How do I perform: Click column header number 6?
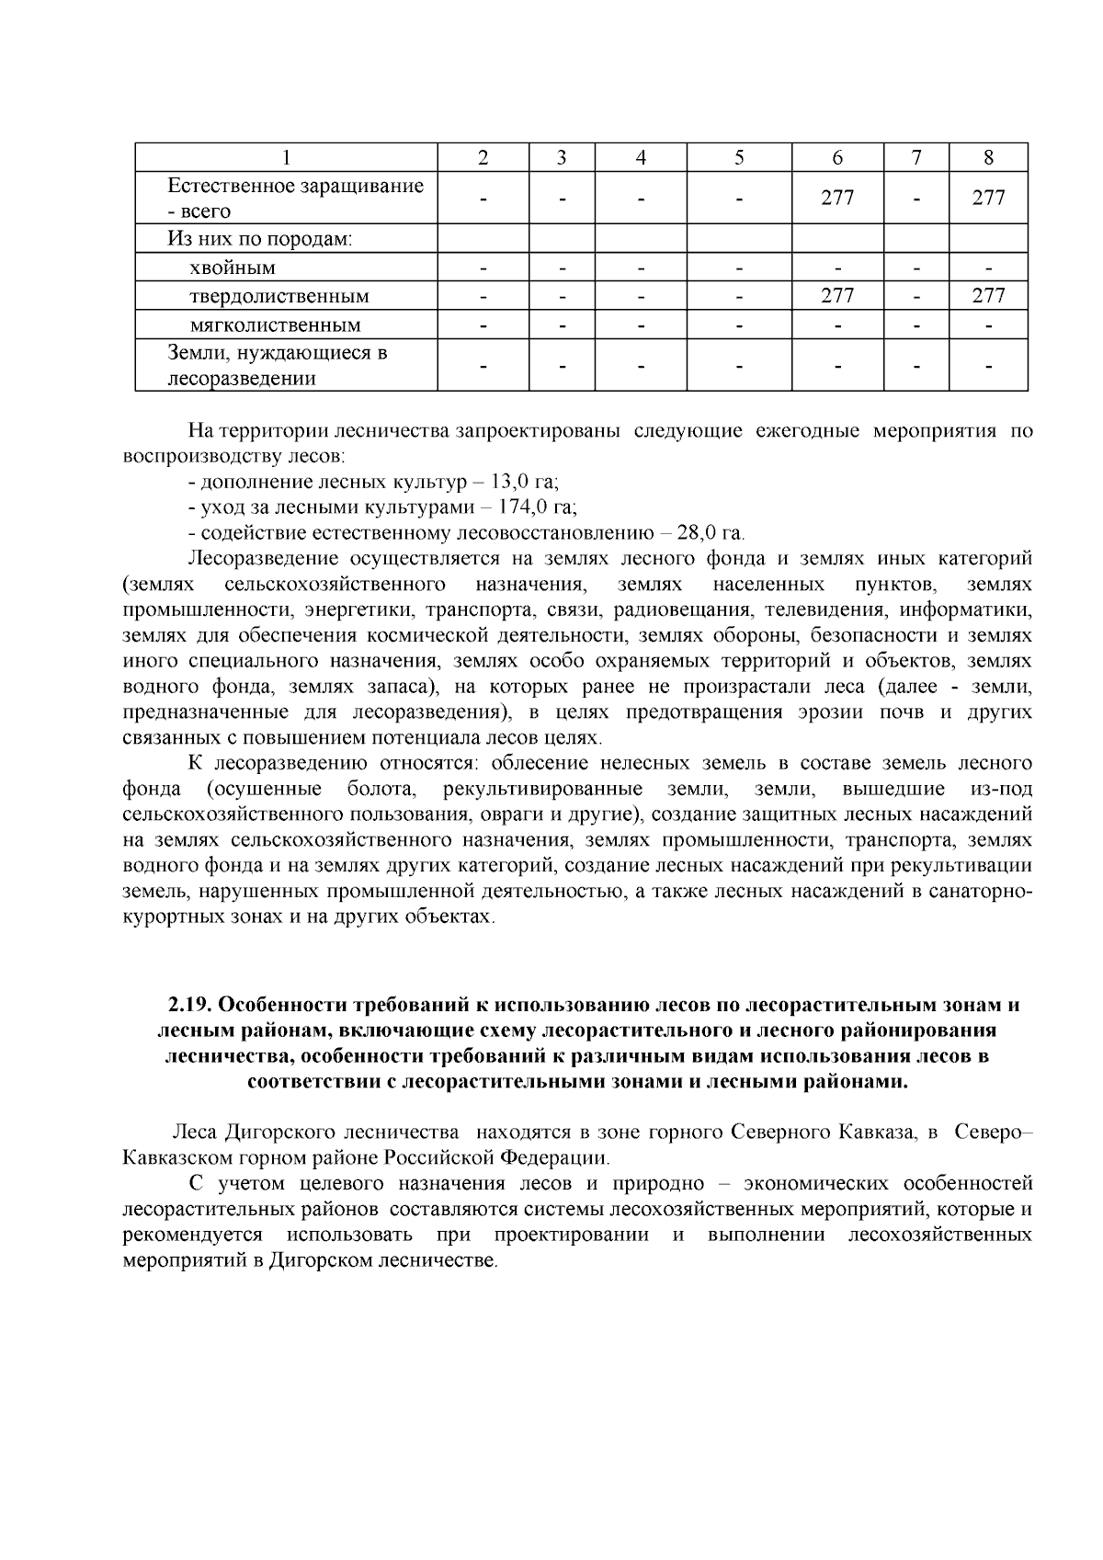pyautogui.click(x=837, y=157)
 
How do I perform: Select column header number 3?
pyautogui.click(x=562, y=157)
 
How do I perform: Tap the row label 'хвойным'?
pyautogui.click(x=233, y=268)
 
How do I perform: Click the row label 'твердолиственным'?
pyautogui.click(x=279, y=296)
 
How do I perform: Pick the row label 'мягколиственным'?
pyautogui.click(x=275, y=325)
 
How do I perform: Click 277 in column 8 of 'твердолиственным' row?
pyautogui.click(x=988, y=296)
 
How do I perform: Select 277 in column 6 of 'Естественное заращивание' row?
pyautogui.click(x=837, y=198)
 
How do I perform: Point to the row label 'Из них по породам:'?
pyautogui.click(x=260, y=239)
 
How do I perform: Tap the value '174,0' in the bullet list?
pyautogui.click(x=523, y=507)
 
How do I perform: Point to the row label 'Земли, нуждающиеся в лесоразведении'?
pyautogui.click(x=277, y=366)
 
